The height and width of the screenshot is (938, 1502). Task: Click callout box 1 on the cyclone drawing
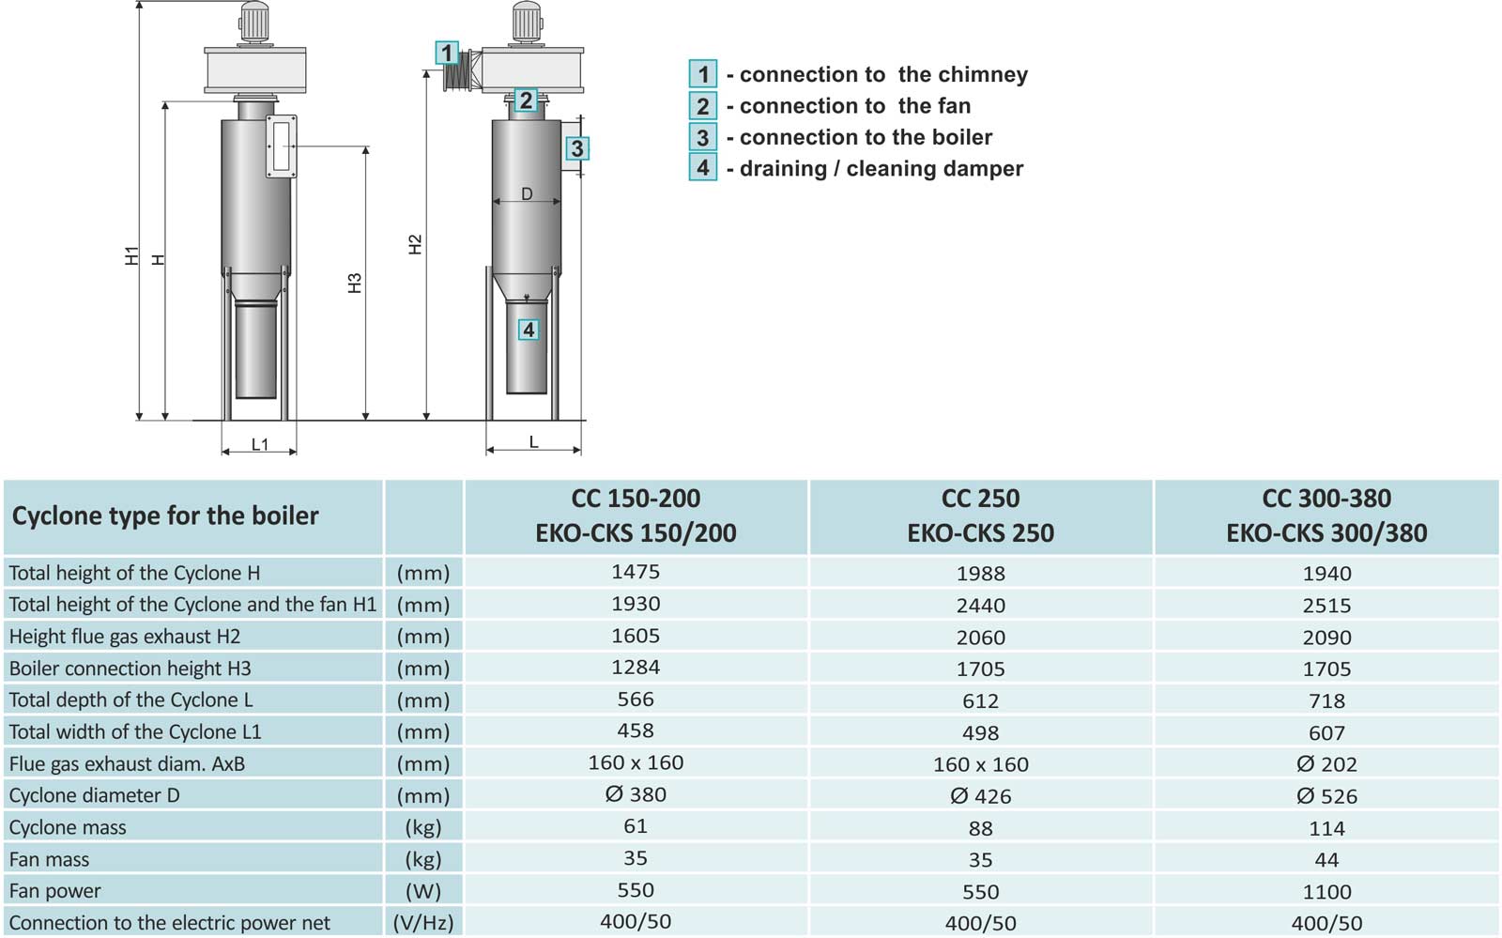point(447,53)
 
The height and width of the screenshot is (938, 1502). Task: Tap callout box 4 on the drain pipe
point(529,330)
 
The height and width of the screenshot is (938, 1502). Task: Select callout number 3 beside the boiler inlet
point(577,148)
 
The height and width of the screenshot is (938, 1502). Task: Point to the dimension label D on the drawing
point(527,193)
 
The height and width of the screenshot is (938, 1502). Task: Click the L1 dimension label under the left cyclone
point(260,444)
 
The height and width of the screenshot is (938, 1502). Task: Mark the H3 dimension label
point(355,283)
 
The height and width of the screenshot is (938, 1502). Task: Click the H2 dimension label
point(415,244)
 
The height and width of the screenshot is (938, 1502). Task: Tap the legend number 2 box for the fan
point(703,105)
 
